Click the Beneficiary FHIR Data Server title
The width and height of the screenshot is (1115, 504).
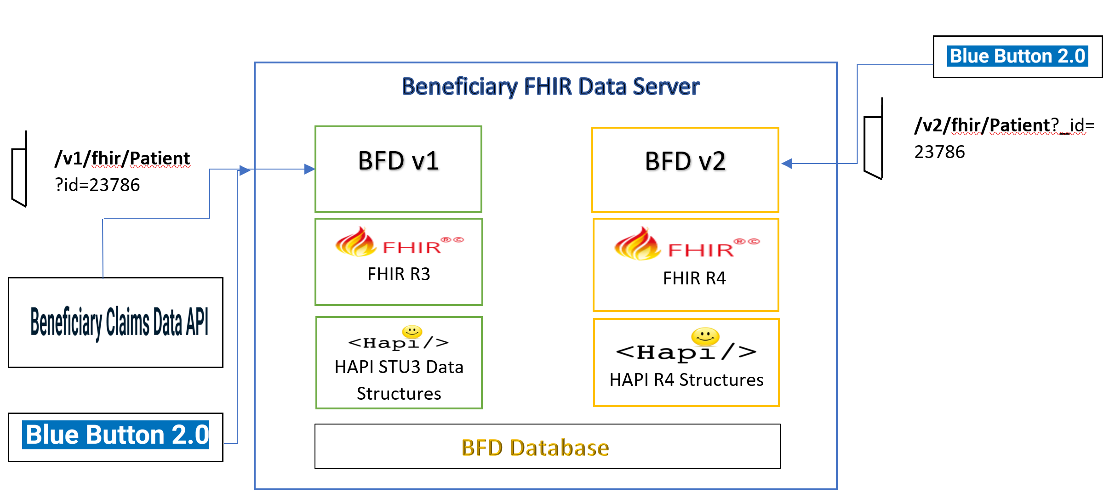[550, 86]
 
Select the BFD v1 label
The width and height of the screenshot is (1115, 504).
[398, 161]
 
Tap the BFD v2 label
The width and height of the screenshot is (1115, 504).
[685, 161]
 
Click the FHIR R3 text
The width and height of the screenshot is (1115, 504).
[399, 274]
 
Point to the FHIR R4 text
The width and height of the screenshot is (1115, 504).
[694, 278]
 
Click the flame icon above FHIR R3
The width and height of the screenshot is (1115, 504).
[355, 242]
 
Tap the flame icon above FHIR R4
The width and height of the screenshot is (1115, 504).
[637, 244]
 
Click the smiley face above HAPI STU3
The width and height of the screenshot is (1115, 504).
[412, 331]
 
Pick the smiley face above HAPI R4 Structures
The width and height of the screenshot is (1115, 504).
[705, 336]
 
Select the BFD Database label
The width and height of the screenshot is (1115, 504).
[535, 447]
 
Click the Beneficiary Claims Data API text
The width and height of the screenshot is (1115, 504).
[119, 322]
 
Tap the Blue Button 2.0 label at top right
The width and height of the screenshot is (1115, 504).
[1017, 56]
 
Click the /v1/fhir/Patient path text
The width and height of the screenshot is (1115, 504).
[122, 158]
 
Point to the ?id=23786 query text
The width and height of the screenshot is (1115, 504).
[97, 185]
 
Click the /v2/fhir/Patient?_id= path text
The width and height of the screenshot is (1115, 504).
[1004, 125]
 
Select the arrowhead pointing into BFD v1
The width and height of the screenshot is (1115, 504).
[309, 169]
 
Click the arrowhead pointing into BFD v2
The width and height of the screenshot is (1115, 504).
[787, 163]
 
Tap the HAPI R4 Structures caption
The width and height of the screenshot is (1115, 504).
[686, 380]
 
